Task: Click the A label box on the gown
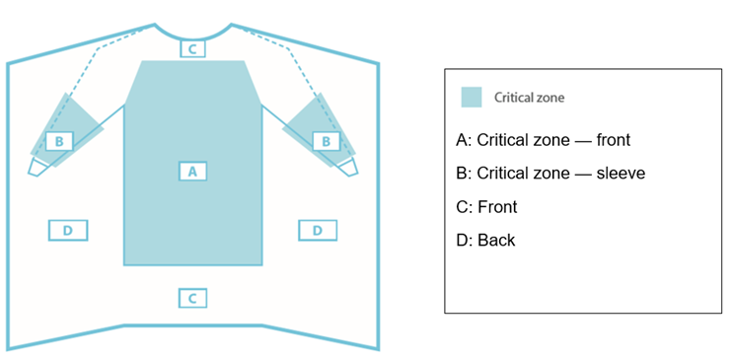tap(193, 171)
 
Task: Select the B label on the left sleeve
tap(59, 141)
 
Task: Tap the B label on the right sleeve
tap(327, 141)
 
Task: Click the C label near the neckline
tap(193, 48)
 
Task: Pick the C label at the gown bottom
tap(193, 297)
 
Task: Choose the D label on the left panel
tap(67, 230)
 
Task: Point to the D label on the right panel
tap(317, 230)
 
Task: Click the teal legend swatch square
tap(472, 97)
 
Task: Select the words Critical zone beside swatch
tap(530, 98)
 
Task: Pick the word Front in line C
tap(497, 206)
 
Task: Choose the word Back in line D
tap(495, 240)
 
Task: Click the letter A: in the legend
tap(464, 140)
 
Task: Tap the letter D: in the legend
tap(464, 240)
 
